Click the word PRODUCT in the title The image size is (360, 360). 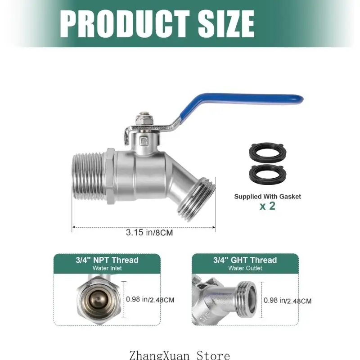point(125,23)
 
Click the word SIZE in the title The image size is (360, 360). point(226,23)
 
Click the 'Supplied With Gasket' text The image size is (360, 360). point(267,197)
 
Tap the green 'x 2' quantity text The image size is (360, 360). point(267,206)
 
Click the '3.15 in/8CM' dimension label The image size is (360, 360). point(149,233)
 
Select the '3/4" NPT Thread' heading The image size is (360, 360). point(107,260)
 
